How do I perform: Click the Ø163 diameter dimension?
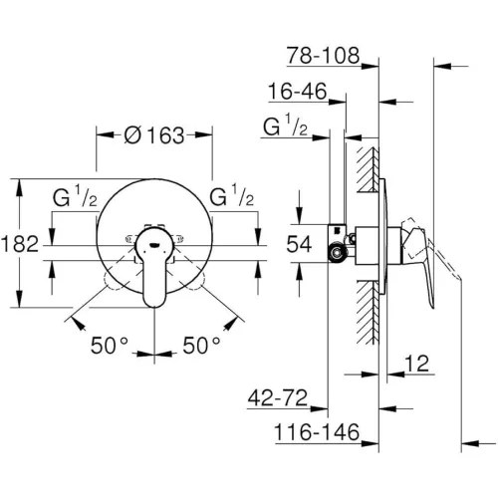tap(154, 135)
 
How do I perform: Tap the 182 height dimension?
tap(20, 244)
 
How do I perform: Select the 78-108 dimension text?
tap(324, 55)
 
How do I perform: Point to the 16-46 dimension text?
tap(298, 92)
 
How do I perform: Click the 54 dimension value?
tap(299, 244)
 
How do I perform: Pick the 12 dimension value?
tap(417, 364)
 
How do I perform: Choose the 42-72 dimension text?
tap(278, 397)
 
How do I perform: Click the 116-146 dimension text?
tap(317, 432)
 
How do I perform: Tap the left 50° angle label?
tap(110, 346)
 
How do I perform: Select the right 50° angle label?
tap(201, 346)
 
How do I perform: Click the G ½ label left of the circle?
tap(75, 197)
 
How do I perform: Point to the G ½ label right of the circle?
tap(232, 197)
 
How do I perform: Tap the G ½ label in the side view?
tap(285, 125)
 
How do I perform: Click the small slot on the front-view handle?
tap(154, 246)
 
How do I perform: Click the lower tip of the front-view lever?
tap(154, 307)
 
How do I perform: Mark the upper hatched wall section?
tap(369, 169)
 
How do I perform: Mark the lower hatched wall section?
tap(369, 312)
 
